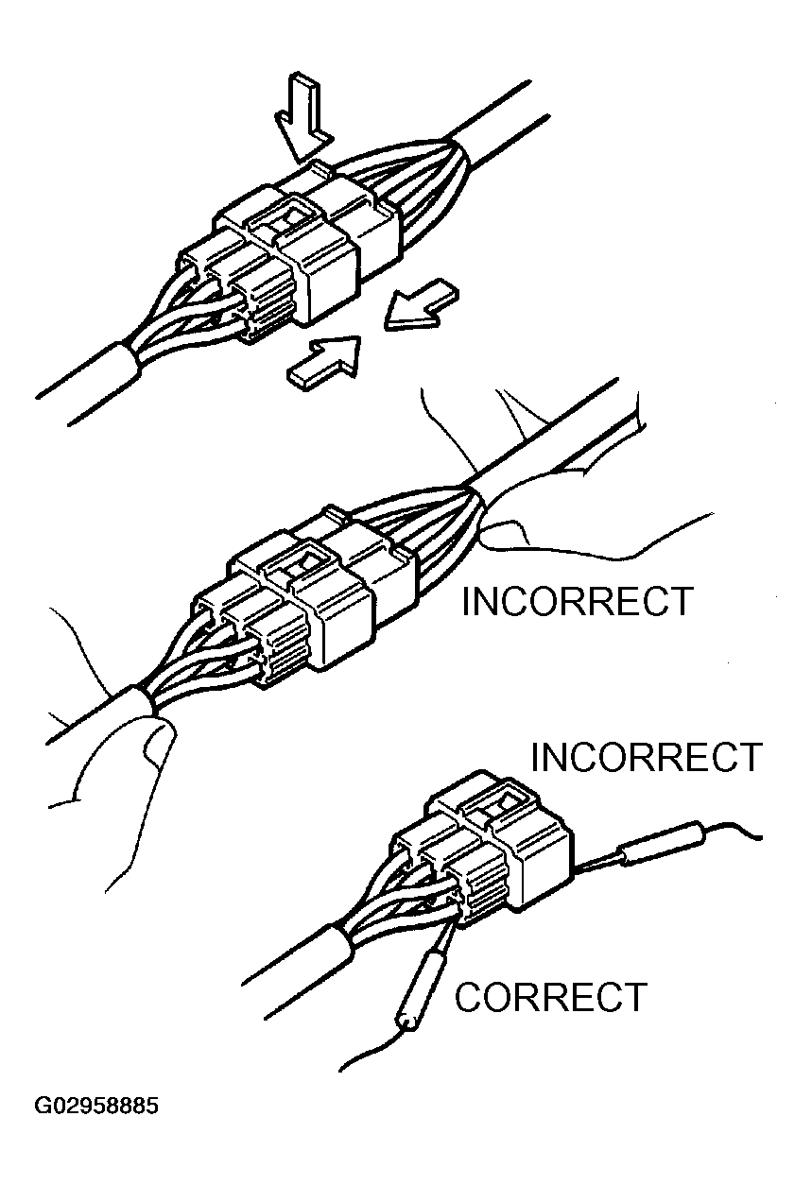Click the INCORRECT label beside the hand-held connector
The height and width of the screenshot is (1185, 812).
point(577,602)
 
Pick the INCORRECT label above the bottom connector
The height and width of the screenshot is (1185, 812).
point(646,757)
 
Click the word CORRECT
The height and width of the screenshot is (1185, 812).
point(551,997)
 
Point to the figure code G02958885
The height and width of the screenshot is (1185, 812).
point(96,1106)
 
